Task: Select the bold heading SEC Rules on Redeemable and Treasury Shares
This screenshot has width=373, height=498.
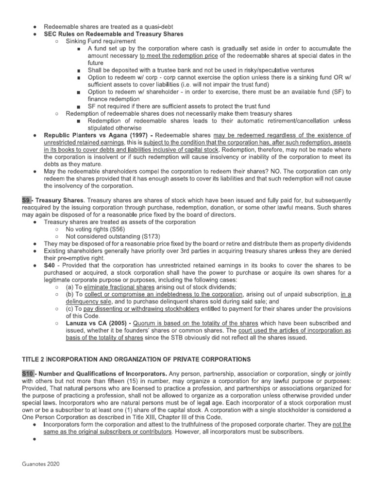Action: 114,35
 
